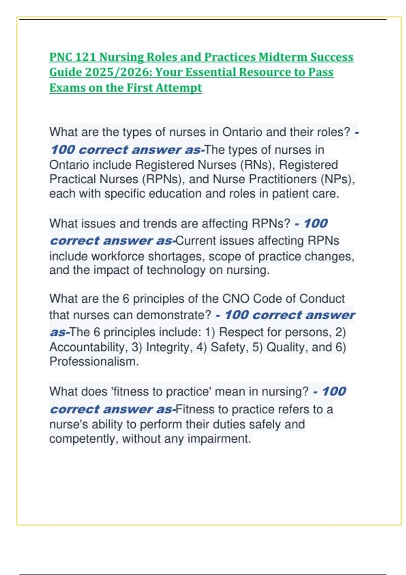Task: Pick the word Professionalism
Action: tap(94, 362)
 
